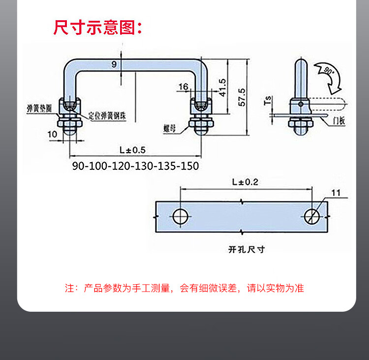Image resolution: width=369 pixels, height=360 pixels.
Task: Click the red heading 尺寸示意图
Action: click(97, 27)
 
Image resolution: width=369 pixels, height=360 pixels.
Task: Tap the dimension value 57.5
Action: click(241, 97)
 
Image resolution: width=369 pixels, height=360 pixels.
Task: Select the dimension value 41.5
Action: click(222, 87)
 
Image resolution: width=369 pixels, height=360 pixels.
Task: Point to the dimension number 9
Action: click(114, 64)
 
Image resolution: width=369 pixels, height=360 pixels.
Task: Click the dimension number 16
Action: click(184, 87)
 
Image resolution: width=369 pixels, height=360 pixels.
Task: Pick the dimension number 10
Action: click(53, 133)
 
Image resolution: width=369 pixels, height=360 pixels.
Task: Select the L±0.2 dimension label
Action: click(245, 182)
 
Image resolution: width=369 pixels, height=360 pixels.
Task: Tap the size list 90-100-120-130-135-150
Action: click(135, 166)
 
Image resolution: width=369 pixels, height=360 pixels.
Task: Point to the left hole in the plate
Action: click(181, 216)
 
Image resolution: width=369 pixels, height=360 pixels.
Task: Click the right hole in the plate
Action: click(312, 216)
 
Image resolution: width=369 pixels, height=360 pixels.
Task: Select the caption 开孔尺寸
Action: click(246, 249)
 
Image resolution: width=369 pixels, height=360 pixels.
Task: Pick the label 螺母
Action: click(170, 129)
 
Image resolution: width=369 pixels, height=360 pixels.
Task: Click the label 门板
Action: click(339, 120)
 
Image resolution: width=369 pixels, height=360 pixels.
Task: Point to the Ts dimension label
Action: click(268, 100)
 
